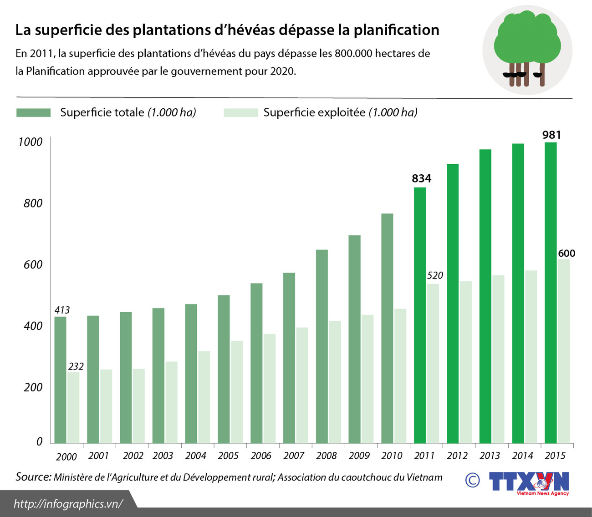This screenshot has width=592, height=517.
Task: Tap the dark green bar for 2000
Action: pyautogui.click(x=61, y=380)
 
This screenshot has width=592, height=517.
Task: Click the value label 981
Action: pyautogui.click(x=551, y=135)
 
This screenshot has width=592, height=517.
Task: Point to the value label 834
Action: pyautogui.click(x=421, y=178)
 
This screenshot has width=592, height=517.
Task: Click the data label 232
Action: pyautogui.click(x=76, y=366)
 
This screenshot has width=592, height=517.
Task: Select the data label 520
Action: pyautogui.click(x=435, y=275)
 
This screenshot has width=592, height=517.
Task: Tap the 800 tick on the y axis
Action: pyautogui.click(x=33, y=203)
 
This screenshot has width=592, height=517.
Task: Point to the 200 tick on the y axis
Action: pyautogui.click(x=33, y=387)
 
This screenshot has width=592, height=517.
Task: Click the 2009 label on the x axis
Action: pyautogui.click(x=359, y=456)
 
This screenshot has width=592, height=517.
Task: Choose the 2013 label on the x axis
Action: pyautogui.click(x=490, y=456)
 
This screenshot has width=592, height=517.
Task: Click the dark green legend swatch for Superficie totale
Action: pyautogui.click(x=33, y=113)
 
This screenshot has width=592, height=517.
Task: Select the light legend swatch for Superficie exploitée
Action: pyautogui.click(x=240, y=113)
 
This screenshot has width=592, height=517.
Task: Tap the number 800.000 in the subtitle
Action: pyautogui.click(x=353, y=54)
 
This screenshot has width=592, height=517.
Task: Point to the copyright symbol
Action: pyautogui.click(x=472, y=480)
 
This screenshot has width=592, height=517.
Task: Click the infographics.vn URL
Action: pyautogui.click(x=68, y=504)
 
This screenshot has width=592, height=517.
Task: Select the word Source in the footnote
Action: pyautogui.click(x=33, y=477)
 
